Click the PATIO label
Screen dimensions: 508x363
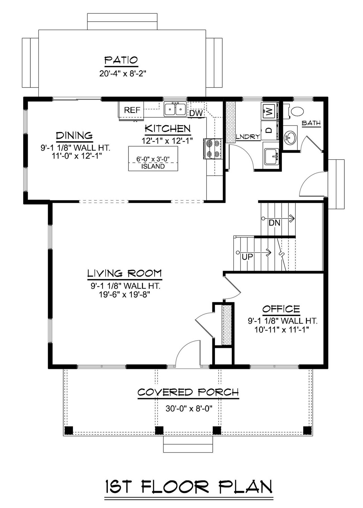tap(121, 60)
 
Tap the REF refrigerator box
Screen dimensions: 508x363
tap(132, 110)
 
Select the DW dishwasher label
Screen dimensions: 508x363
tap(196, 113)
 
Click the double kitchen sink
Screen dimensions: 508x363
tap(175, 109)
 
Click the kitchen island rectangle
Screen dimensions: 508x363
tap(153, 158)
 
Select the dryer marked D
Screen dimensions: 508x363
tap(269, 130)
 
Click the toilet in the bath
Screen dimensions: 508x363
tap(297, 111)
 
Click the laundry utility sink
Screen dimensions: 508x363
tap(272, 156)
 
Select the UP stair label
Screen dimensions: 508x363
tap(247, 257)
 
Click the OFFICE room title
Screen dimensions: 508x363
tap(281, 309)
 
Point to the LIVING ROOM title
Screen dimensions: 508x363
tap(124, 273)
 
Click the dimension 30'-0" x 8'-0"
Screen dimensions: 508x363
tap(189, 409)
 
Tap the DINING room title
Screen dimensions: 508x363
tap(74, 136)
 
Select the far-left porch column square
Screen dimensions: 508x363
tap(69, 430)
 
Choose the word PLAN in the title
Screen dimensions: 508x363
tap(246, 487)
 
